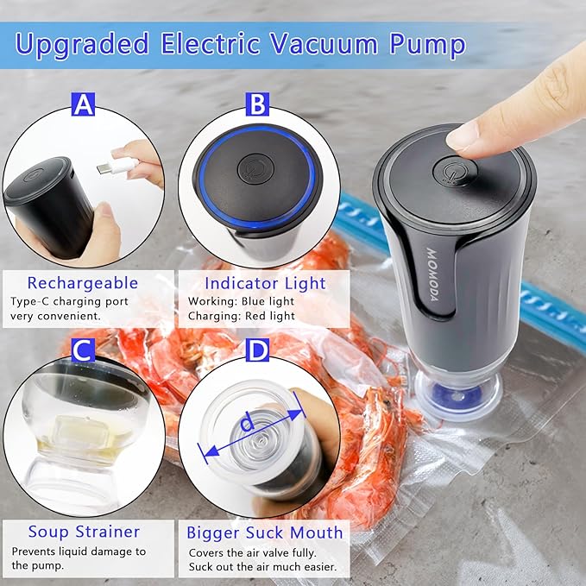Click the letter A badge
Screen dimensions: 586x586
[x=83, y=105]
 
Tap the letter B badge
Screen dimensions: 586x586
[x=256, y=105]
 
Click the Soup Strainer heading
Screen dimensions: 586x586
[x=83, y=532]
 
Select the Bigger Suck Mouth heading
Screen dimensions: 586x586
[x=264, y=532]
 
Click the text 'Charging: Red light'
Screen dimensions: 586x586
[x=240, y=317]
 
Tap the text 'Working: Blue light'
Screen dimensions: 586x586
[x=240, y=301]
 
